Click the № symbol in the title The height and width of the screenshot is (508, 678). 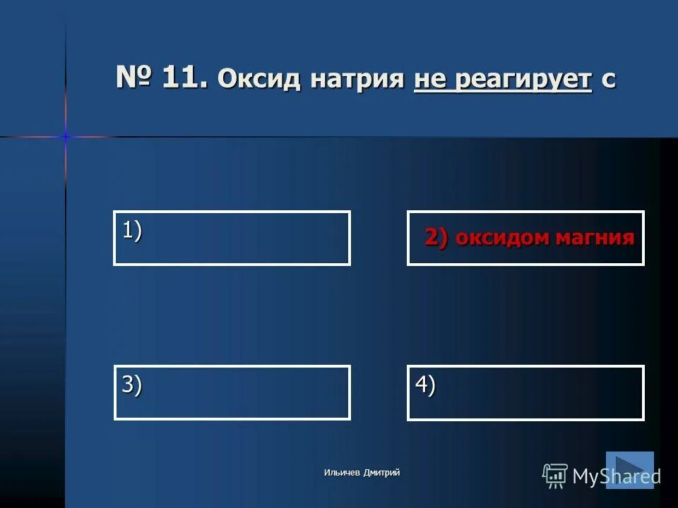135,78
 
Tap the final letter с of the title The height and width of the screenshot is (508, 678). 608,80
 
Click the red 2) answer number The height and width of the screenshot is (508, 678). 436,237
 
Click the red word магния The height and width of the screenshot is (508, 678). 595,238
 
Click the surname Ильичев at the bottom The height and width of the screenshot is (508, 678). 343,473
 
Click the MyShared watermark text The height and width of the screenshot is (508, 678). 616,476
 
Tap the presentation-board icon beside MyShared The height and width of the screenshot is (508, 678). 555,476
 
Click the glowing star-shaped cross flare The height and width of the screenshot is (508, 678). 66,136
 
